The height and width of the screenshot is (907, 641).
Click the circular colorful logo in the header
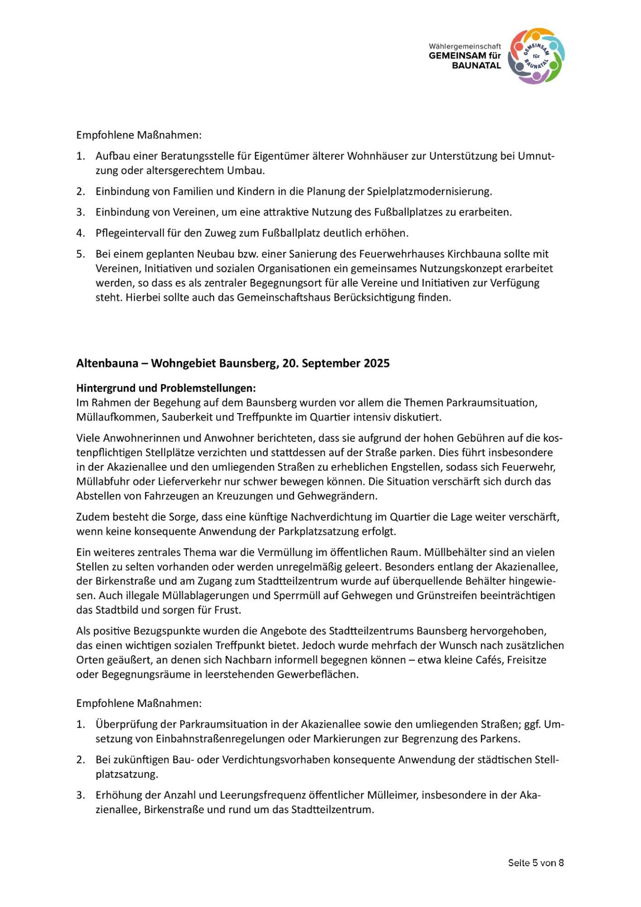[x=536, y=56]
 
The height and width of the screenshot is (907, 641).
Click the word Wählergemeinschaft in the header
[x=465, y=46]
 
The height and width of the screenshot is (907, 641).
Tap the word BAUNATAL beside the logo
[x=476, y=66]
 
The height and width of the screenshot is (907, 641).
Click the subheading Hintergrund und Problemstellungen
[x=166, y=388]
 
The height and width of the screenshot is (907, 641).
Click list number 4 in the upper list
[x=80, y=233]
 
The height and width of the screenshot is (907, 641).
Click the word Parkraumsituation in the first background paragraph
[x=490, y=403]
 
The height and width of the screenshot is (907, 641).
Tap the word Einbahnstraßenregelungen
[x=221, y=739]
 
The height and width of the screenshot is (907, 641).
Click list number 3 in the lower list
[x=80, y=795]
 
